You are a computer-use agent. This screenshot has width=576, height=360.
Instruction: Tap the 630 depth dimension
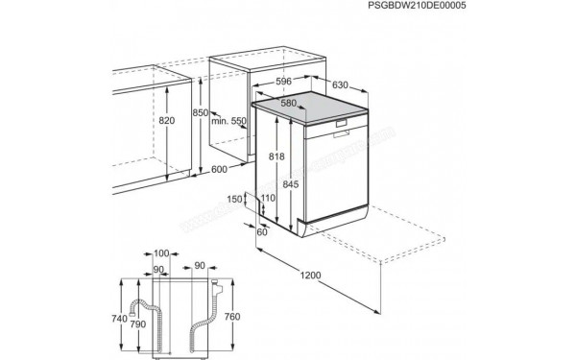coord(341,84)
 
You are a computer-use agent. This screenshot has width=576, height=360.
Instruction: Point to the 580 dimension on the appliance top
coord(289,102)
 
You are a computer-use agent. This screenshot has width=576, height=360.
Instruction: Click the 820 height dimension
coord(168,121)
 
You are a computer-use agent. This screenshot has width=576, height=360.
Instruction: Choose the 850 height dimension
coord(200,113)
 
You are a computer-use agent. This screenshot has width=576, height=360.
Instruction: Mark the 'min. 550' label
coord(231,121)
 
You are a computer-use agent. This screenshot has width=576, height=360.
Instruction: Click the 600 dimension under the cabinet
coord(219,169)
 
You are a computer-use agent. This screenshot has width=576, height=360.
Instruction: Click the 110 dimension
coord(268,199)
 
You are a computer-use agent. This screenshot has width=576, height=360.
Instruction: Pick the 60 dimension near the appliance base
coord(263,230)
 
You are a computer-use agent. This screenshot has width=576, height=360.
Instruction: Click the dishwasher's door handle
coord(345,127)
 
